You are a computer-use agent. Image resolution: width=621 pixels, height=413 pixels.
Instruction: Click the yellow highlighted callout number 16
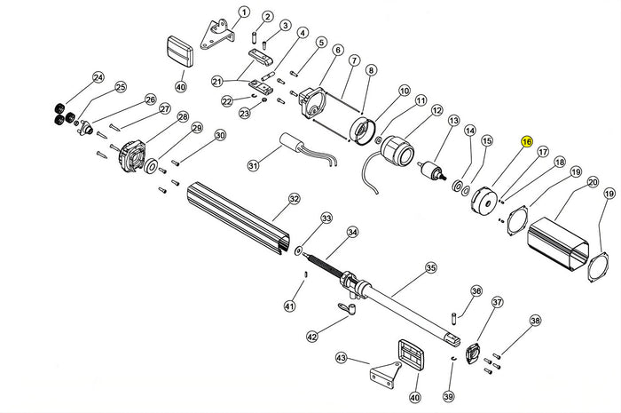[526, 142]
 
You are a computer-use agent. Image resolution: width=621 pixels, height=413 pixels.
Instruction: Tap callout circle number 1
[244, 12]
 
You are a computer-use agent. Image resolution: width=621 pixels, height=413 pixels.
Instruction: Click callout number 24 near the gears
[98, 78]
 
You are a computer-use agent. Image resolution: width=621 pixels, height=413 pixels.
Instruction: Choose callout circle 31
[253, 165]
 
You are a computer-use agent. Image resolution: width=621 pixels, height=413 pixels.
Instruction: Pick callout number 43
[342, 358]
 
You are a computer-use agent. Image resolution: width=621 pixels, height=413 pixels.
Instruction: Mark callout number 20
[592, 182]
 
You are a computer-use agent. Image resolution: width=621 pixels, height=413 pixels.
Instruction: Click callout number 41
[289, 306]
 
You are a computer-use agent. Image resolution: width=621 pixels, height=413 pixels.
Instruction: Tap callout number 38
[534, 321]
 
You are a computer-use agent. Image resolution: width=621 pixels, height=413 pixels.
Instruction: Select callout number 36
[476, 291]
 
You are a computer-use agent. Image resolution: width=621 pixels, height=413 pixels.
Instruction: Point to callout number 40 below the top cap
[180, 87]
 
